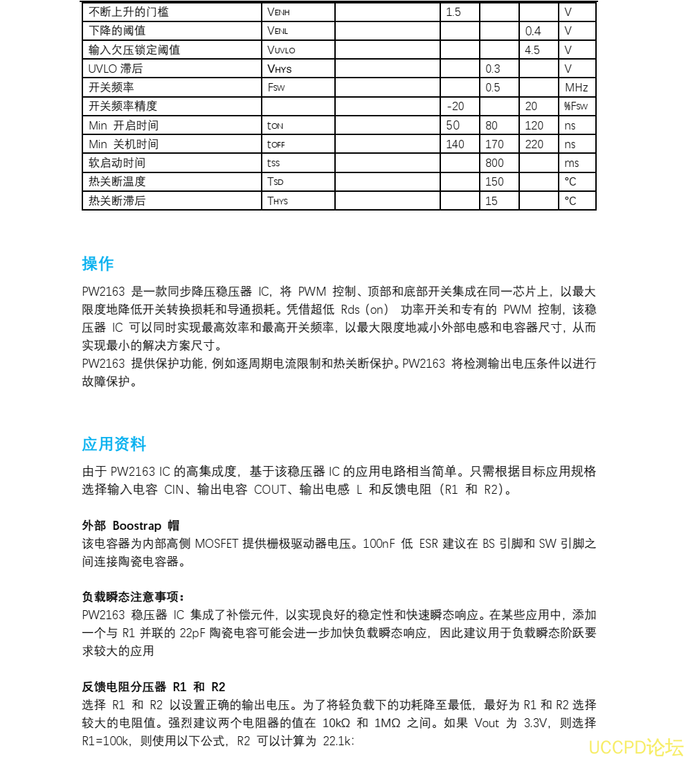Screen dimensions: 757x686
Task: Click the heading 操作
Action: [98, 264]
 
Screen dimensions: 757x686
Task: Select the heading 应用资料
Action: [114, 444]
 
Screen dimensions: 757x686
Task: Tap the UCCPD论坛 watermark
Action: [635, 748]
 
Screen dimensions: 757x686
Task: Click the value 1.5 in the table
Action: [453, 12]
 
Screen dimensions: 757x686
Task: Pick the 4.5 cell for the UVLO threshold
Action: [532, 50]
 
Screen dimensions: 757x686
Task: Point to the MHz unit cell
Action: [576, 87]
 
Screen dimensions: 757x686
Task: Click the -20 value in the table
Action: [455, 106]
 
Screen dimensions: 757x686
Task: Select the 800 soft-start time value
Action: [494, 163]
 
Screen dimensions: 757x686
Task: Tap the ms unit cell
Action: [571, 163]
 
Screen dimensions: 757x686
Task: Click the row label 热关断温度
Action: [117, 181]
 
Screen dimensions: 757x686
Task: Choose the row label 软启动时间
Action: [117, 163]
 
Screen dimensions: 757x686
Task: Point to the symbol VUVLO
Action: [281, 50]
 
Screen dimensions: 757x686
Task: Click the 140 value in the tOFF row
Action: [455, 144]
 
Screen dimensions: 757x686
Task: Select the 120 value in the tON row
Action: [534, 125]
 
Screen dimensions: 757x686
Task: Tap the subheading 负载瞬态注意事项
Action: [134, 597]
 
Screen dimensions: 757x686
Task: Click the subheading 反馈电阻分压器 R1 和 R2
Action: [154, 687]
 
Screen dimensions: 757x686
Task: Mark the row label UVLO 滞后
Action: [116, 69]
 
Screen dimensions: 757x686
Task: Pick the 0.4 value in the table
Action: [533, 30]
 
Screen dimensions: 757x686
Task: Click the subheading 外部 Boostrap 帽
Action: [131, 526]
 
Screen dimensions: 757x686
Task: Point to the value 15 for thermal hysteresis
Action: [491, 201]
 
